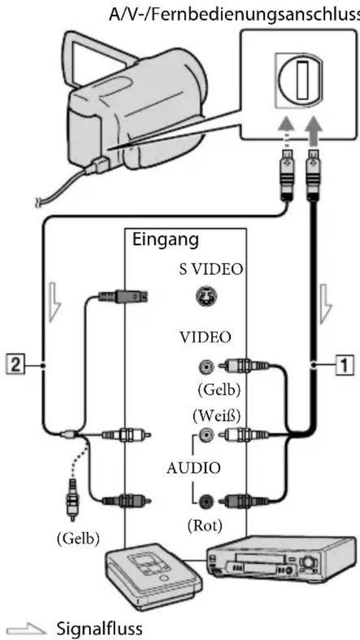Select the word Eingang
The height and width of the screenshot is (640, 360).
point(165,240)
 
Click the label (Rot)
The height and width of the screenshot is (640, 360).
point(205,526)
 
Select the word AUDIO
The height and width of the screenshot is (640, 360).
point(194,468)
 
